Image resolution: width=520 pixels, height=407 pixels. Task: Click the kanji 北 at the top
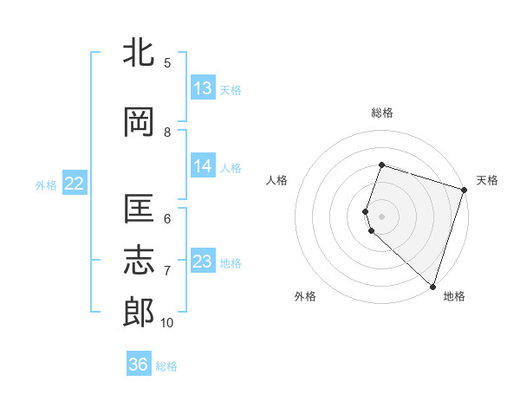(139, 54)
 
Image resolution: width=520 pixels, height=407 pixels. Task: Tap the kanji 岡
(139, 123)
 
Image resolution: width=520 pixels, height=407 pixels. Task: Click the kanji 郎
(139, 312)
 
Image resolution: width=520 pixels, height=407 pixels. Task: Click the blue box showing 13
(203, 88)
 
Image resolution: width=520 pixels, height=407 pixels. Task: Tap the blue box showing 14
(203, 166)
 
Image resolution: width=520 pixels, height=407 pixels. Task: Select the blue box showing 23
(203, 262)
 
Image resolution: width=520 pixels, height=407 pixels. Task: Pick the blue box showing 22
(74, 184)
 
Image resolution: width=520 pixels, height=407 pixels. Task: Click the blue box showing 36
(139, 365)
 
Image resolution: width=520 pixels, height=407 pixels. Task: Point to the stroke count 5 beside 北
(167, 63)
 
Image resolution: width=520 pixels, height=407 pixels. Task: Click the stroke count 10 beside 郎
(167, 323)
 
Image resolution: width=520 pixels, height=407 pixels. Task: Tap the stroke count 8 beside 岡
(167, 132)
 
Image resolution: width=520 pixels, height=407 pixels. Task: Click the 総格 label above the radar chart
(382, 113)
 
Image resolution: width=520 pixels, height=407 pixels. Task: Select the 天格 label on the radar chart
(487, 180)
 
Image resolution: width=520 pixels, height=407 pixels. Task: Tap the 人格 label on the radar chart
(276, 180)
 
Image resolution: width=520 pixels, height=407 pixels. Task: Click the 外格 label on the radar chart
(305, 296)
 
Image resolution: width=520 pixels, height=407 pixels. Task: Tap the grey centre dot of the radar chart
(382, 216)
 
